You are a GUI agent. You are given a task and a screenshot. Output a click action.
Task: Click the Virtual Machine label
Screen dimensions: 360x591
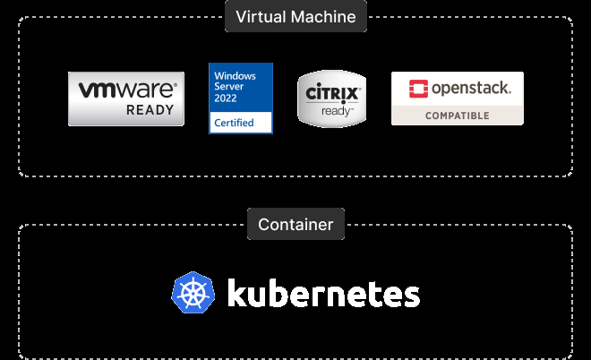(x=295, y=16)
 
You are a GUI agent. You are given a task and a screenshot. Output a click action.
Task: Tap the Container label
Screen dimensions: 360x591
(x=295, y=224)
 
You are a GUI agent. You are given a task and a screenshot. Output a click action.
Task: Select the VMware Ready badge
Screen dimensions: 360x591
(x=126, y=99)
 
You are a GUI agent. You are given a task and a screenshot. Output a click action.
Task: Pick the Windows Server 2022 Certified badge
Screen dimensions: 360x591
(x=241, y=98)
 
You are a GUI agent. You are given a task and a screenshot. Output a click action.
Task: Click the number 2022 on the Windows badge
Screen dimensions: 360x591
(x=226, y=98)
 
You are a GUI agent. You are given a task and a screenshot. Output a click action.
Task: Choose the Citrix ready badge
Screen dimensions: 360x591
(x=332, y=99)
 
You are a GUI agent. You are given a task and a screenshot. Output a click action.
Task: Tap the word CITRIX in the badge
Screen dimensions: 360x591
(x=332, y=93)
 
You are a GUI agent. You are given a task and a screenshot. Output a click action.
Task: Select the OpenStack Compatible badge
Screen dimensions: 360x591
(x=457, y=99)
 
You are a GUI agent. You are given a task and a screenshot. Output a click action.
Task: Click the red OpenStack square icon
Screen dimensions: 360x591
(x=418, y=88)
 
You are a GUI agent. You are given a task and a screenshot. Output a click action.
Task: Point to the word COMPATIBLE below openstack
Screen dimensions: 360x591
(x=457, y=116)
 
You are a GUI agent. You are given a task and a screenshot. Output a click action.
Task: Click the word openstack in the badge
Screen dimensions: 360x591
(x=471, y=88)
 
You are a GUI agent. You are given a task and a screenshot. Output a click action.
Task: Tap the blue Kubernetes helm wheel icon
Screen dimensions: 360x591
(x=193, y=294)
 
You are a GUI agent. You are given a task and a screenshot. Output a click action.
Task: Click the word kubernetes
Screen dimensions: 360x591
(x=323, y=294)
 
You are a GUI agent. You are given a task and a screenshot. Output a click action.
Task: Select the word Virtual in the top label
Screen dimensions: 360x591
(x=261, y=16)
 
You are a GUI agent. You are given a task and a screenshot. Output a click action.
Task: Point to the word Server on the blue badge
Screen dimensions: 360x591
(x=227, y=88)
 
